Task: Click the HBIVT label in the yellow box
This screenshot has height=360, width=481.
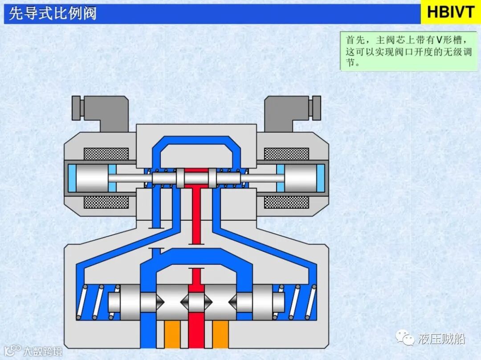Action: point(450,12)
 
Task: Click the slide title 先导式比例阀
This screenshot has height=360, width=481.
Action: point(53,13)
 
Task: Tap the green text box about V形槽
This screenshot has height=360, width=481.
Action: point(405,51)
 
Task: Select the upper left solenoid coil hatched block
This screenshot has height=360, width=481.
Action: point(106,154)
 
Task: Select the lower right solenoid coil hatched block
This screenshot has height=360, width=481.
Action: point(286,202)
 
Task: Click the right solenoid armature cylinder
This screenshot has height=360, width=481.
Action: point(300,178)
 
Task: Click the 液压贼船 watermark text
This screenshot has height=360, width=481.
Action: point(441,339)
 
